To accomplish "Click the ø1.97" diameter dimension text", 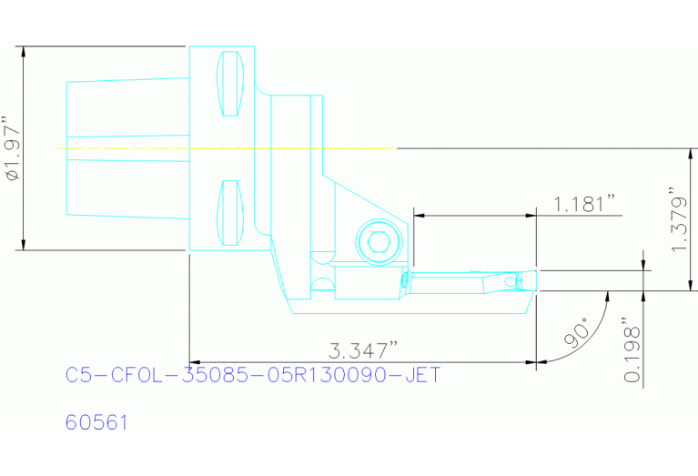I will pos(10,148).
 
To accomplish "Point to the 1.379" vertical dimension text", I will pos(678,221).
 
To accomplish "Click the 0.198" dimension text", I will pos(631,351).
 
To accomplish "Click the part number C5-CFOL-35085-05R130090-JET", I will pos(253,375).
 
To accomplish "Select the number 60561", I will pos(96,423).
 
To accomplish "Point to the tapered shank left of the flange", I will pos(126,147).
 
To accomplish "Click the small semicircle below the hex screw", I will pos(320,285).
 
